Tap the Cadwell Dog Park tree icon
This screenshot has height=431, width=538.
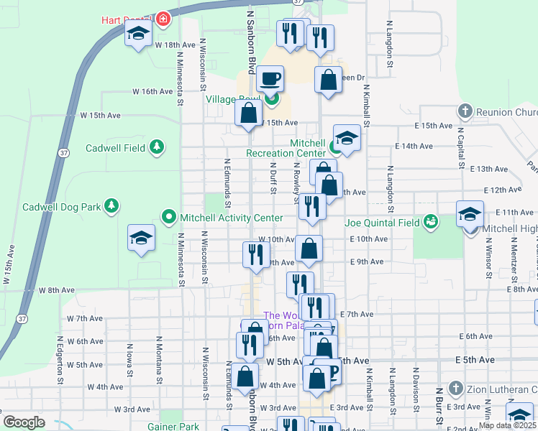(111, 207)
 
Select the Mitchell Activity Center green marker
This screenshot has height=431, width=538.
(169, 216)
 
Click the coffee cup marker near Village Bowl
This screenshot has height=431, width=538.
(270, 78)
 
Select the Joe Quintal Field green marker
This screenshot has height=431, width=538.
(431, 221)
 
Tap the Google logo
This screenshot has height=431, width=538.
(24, 422)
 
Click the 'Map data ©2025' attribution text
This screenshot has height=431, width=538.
(508, 425)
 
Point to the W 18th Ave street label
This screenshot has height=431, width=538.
(175, 45)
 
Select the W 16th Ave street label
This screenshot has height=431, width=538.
(152, 92)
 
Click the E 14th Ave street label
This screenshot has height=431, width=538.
(414, 146)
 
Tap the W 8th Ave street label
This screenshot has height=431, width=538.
(57, 290)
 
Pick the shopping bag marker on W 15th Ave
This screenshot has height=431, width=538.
(248, 113)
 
